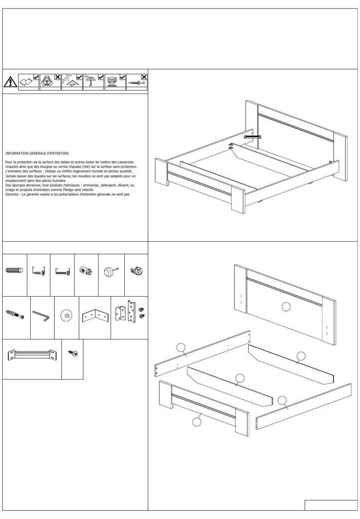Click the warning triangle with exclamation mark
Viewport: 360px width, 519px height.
9,82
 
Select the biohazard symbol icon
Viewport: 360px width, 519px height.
47,82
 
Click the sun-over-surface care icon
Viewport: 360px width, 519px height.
69,82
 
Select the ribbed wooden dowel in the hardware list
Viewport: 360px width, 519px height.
15,270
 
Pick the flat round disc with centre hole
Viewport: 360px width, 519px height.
66,316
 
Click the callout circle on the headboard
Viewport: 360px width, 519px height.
286,306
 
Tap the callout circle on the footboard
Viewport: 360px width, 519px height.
196,421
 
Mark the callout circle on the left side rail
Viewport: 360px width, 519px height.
180,348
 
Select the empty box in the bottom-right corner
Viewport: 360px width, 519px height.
331,505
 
